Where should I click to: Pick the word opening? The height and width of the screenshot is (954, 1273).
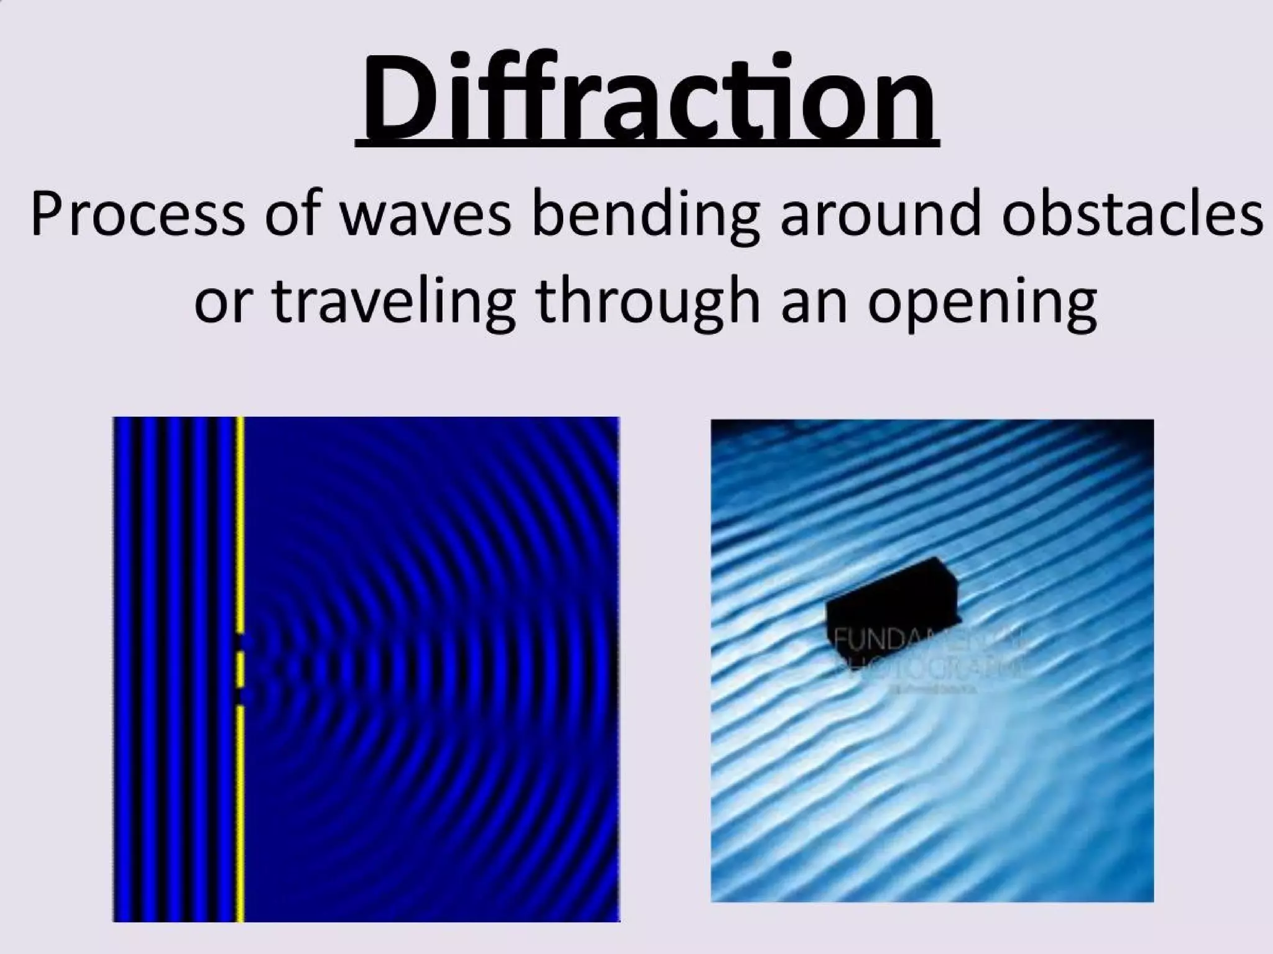[x=982, y=304]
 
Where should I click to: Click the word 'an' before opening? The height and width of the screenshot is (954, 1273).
[x=814, y=304]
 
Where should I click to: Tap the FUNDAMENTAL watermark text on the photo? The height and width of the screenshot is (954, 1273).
[x=926, y=638]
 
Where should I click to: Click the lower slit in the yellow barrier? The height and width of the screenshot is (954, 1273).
[x=241, y=694]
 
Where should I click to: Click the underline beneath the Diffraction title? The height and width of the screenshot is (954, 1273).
[x=648, y=145]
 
